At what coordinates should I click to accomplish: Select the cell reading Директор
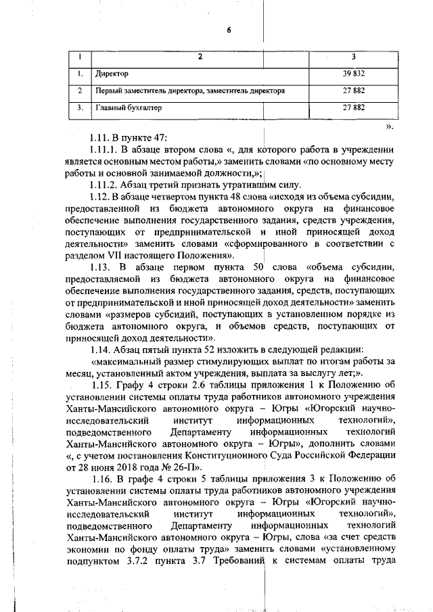(x=112, y=73)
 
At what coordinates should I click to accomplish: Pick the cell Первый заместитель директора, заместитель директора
(x=190, y=90)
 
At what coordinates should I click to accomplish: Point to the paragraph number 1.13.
(x=102, y=268)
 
